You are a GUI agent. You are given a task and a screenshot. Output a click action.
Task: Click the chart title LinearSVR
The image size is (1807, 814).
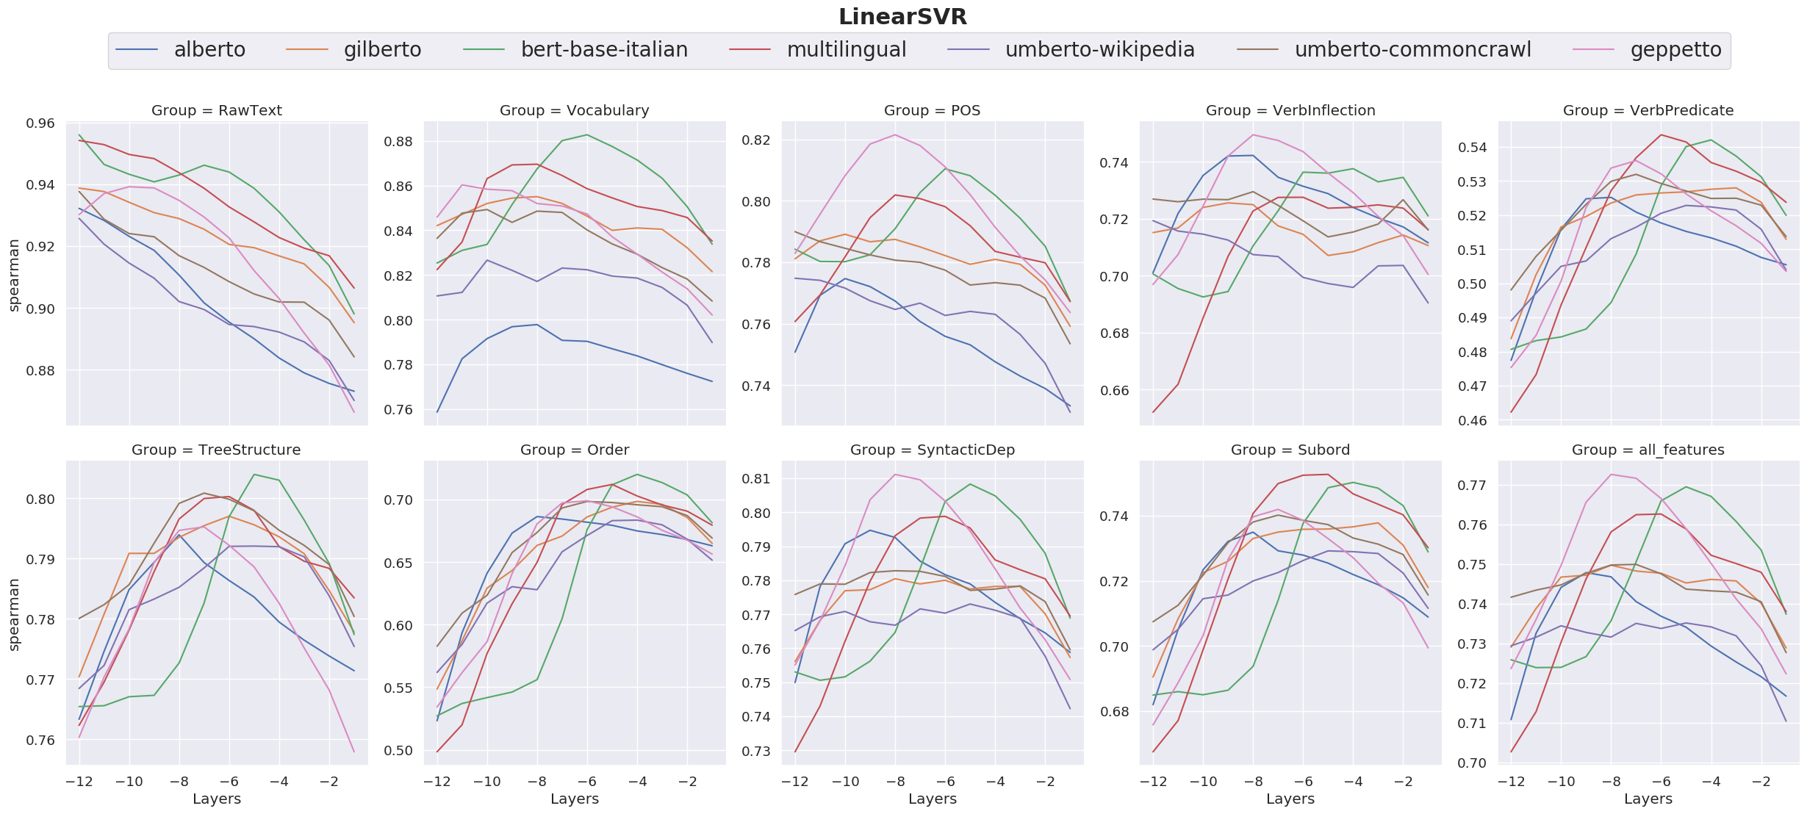coord(902,16)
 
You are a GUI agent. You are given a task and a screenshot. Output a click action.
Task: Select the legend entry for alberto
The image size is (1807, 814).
coord(209,50)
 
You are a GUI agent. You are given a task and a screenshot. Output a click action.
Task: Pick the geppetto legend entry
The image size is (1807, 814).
coord(1675,50)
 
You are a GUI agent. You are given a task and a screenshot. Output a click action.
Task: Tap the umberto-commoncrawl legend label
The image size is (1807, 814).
coord(1412,50)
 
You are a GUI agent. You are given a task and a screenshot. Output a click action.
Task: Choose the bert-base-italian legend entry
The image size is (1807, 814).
coord(604,50)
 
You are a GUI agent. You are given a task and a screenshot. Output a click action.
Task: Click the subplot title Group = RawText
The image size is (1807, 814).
coord(216,110)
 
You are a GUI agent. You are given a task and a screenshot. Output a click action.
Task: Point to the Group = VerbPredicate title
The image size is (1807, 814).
coord(1648,110)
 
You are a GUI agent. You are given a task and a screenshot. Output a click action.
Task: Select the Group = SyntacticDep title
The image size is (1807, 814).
coord(932,450)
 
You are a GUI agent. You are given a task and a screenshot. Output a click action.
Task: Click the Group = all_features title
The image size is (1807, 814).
coord(1648,450)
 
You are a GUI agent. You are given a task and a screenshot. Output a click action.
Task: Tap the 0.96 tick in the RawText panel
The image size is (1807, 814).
coord(40,123)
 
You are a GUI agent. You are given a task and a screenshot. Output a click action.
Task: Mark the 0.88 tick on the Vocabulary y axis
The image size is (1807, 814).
coord(398,142)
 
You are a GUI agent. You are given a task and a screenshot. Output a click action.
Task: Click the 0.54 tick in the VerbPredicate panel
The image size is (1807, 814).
coord(1473,148)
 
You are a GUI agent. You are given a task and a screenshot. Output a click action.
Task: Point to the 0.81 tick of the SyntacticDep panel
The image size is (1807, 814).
coord(756,479)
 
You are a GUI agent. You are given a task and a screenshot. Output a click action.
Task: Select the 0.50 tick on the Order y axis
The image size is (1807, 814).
coord(398,751)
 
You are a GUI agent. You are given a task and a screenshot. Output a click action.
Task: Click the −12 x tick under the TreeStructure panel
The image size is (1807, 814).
coord(79,782)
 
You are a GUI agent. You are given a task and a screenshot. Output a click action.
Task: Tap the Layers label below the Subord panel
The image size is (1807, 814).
coord(1290,799)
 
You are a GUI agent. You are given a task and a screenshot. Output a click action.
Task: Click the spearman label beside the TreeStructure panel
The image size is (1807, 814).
coord(14,614)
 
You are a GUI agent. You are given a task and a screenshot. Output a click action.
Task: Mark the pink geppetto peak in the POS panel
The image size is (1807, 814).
coord(895,134)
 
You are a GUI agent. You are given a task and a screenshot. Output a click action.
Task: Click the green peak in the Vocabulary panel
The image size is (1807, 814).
coord(587,134)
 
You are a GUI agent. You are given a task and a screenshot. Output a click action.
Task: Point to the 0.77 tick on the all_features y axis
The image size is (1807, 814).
coord(1473,486)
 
